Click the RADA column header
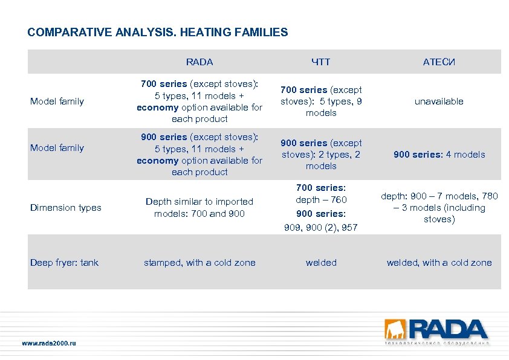(199, 62)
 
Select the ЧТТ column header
(320, 62)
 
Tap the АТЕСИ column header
(439, 62)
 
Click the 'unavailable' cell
(439, 101)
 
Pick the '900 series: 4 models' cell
(439, 155)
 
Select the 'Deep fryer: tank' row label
(64, 262)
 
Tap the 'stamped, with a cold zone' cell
(199, 262)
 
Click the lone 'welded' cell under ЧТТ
(321, 262)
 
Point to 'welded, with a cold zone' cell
(439, 262)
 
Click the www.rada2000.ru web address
(49, 343)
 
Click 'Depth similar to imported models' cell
(199, 207)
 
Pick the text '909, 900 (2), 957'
(321, 228)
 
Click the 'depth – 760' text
(321, 199)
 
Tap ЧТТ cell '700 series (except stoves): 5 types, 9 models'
(321, 101)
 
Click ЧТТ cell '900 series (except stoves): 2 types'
(321, 155)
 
